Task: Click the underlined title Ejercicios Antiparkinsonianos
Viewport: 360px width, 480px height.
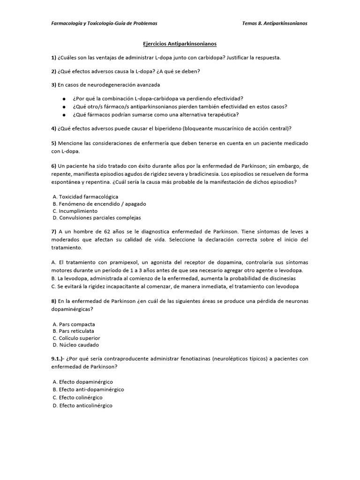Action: (x=180, y=44)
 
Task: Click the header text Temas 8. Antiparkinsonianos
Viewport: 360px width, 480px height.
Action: (x=275, y=23)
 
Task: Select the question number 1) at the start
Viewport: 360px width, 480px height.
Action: (x=53, y=58)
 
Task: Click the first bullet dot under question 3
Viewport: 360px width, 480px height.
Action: (x=63, y=99)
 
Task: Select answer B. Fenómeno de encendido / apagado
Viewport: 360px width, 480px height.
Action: (x=92, y=204)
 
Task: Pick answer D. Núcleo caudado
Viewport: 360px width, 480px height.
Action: (x=75, y=345)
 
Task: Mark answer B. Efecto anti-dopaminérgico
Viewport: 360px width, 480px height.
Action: (x=88, y=390)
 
